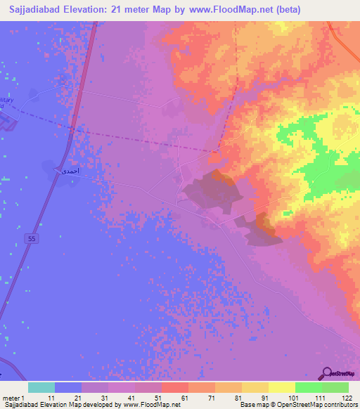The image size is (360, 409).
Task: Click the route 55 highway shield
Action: (x=32, y=240)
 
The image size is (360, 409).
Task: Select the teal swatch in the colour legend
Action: (x=41, y=387)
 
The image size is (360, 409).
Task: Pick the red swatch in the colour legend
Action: (x=174, y=387)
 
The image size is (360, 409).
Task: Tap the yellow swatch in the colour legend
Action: (x=281, y=387)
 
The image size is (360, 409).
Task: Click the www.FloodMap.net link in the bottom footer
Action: (x=152, y=405)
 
